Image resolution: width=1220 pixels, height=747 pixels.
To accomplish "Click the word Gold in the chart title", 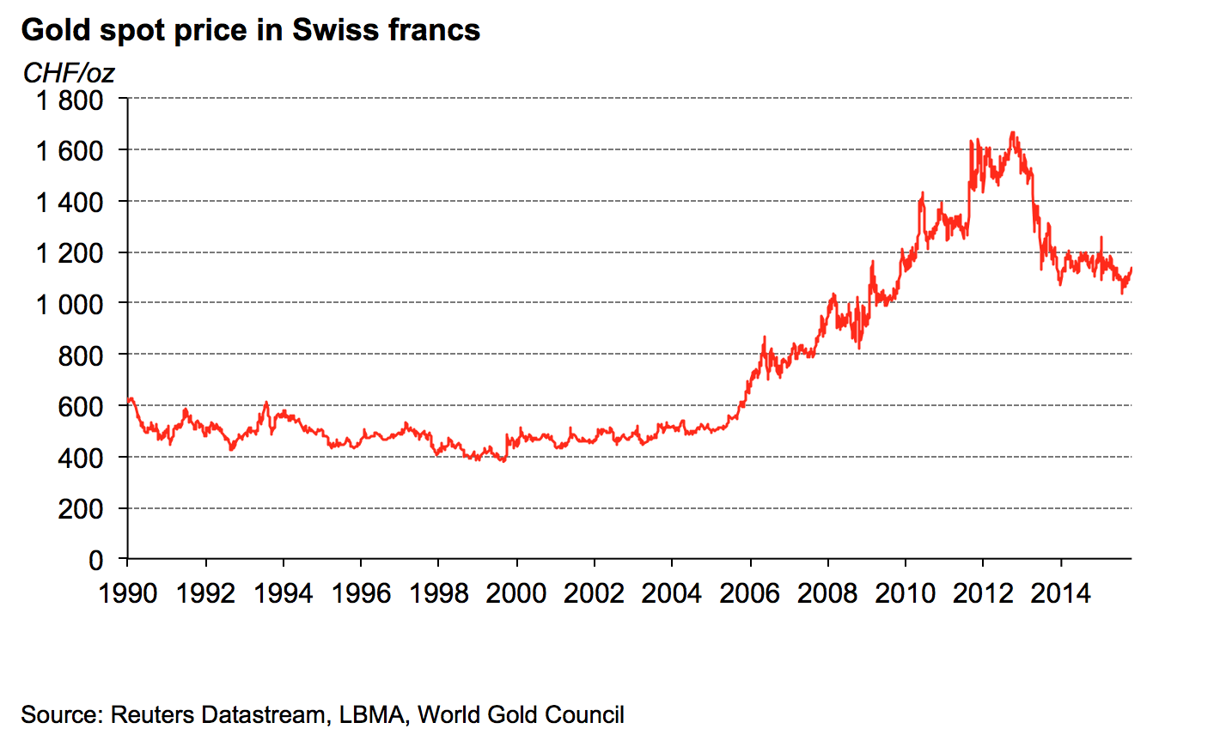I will click(56, 30).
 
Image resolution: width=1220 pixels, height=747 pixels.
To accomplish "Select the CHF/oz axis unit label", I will click(68, 74).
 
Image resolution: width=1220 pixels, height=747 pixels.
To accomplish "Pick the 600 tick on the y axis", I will click(80, 406).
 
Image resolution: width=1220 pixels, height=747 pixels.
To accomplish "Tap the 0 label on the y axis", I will click(95, 560).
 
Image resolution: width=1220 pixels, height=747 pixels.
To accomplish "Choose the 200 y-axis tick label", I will click(80, 509).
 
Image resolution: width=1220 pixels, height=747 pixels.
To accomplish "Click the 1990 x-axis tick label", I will click(128, 593).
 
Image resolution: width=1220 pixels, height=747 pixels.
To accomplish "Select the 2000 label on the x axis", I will click(516, 593).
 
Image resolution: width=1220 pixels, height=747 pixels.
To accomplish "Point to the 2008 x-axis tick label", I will click(827, 593).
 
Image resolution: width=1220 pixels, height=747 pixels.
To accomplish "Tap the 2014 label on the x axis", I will click(1061, 593).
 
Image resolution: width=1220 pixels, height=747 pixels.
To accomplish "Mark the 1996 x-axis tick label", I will click(361, 593).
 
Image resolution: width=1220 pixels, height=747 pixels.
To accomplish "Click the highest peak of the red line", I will click(1013, 132).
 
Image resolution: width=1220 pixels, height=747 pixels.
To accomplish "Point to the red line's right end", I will click(1131, 269).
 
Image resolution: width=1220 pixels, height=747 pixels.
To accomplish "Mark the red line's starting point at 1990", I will click(128, 400).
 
